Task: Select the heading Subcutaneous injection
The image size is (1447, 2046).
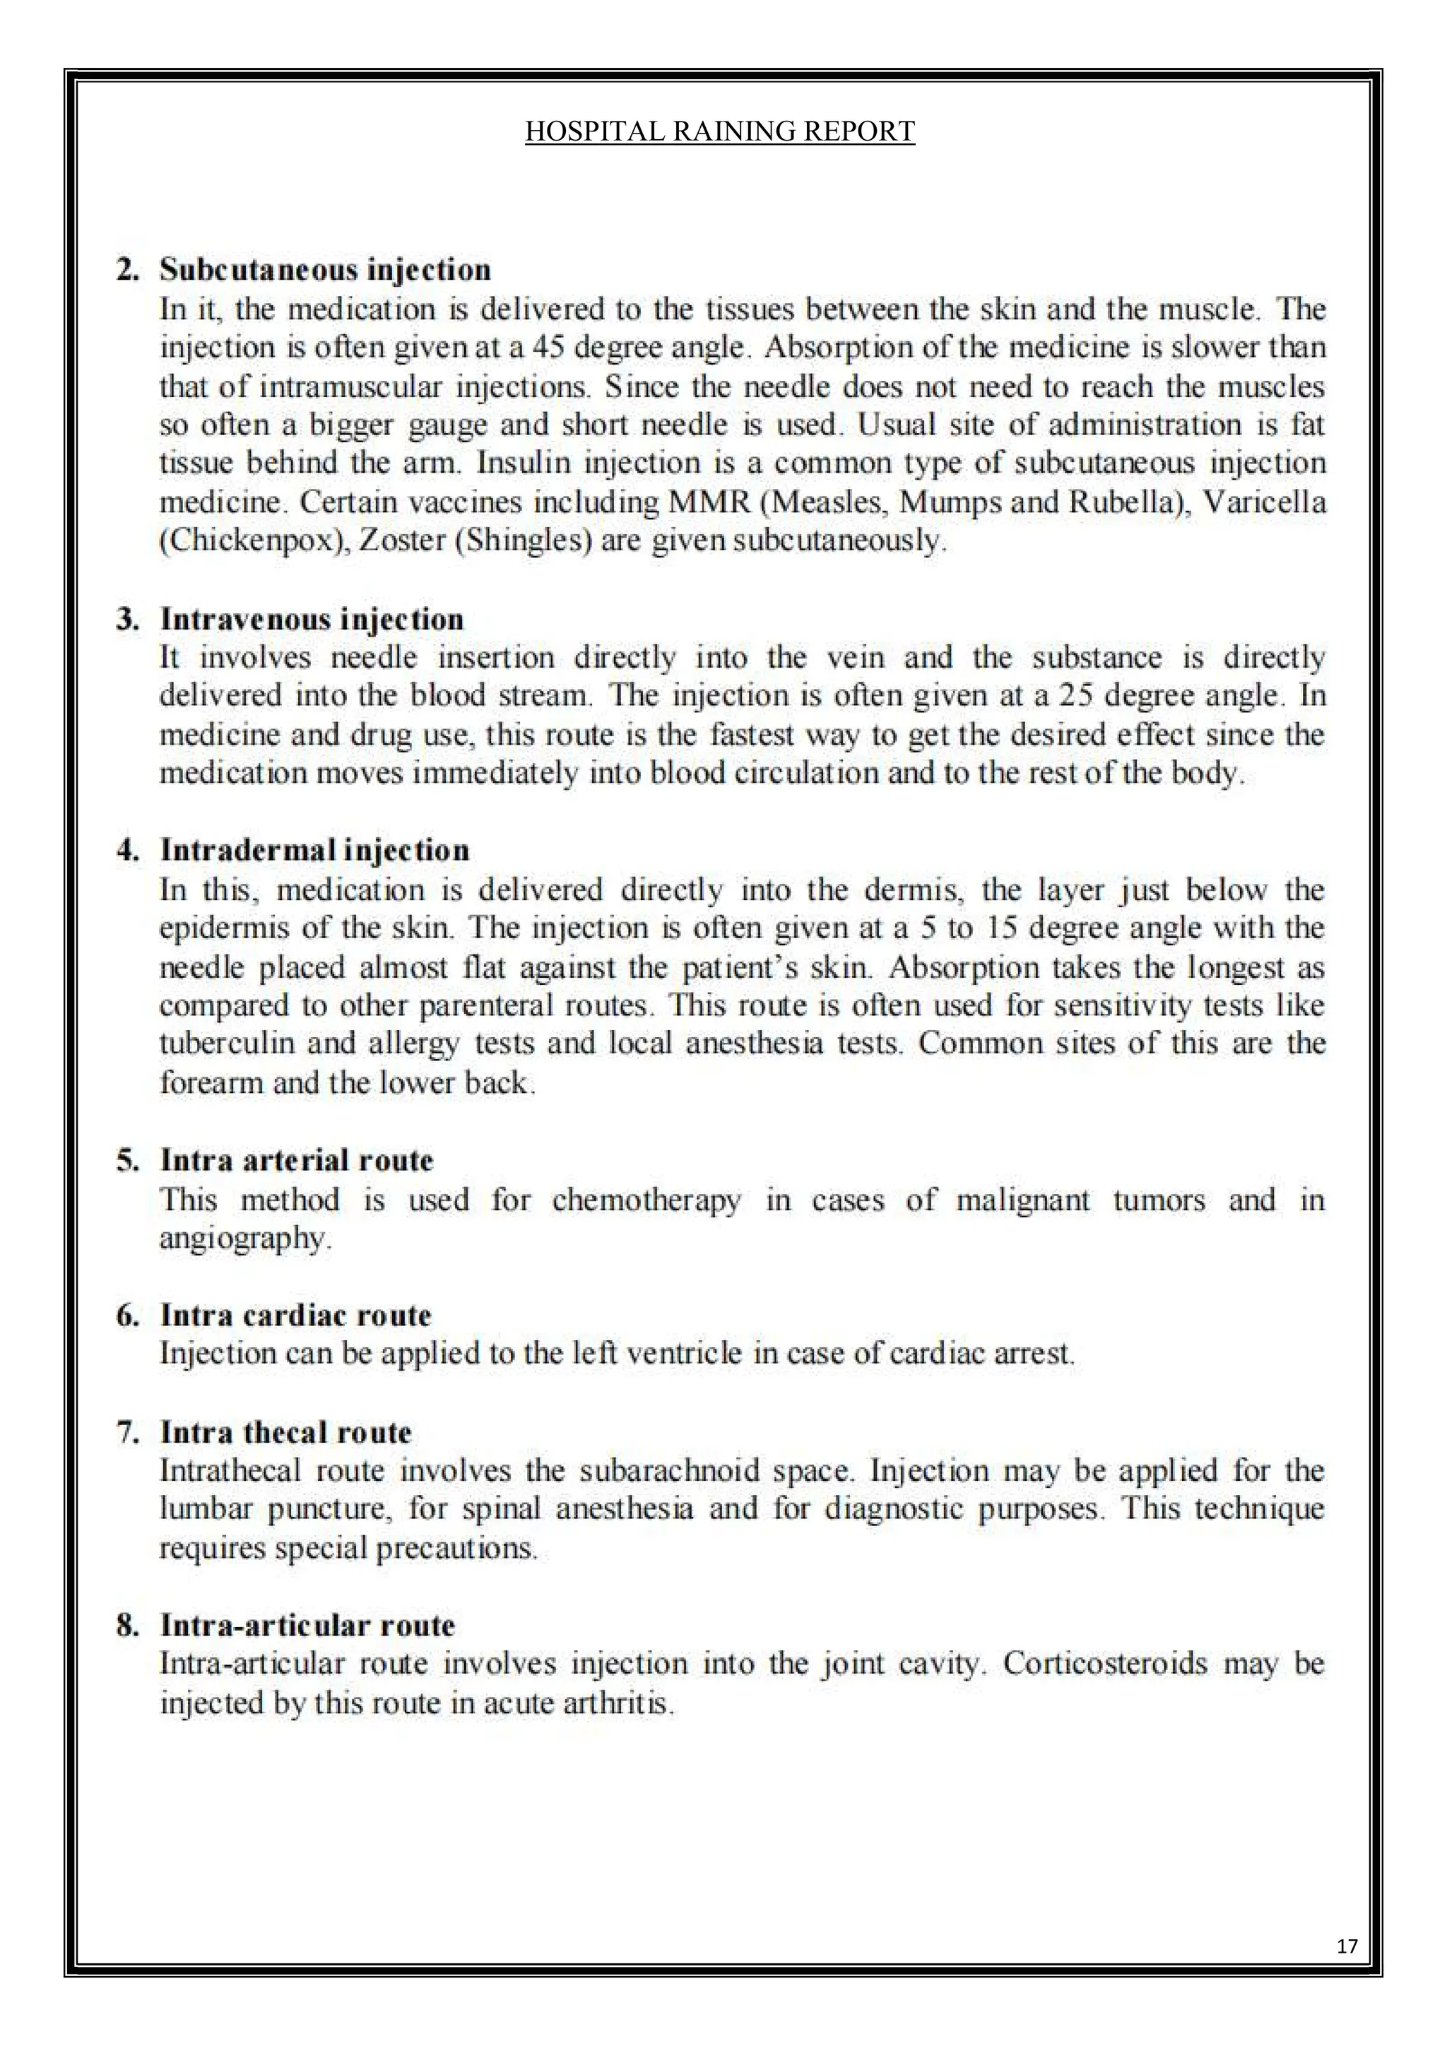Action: [325, 269]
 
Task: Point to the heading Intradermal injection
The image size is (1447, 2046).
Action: [314, 849]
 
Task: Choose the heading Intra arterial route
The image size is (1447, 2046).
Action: [297, 1159]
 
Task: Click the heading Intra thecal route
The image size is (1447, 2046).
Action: [286, 1431]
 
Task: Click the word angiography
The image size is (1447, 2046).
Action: [244, 1238]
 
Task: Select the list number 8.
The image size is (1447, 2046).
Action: [126, 1626]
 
